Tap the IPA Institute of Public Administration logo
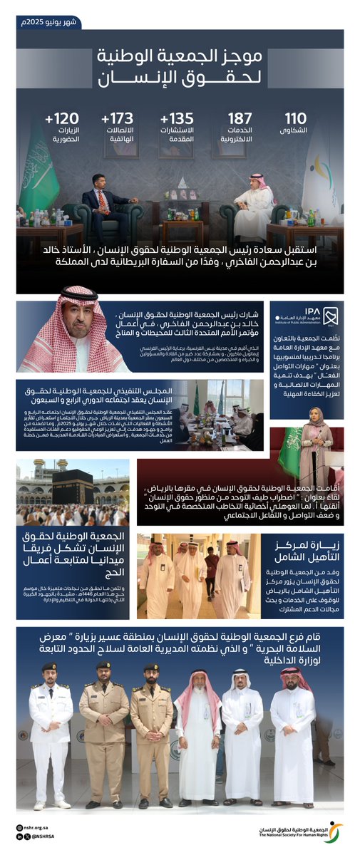click(x=313, y=317)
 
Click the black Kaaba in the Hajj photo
click(x=72, y=487)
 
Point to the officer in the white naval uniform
click(x=51, y=734)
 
